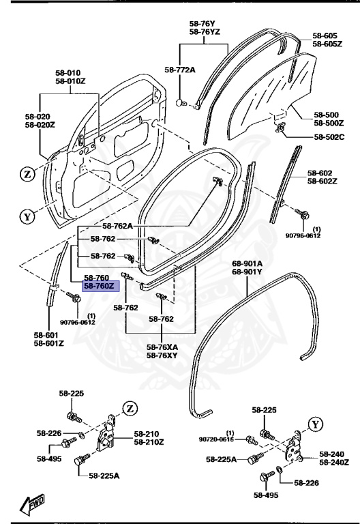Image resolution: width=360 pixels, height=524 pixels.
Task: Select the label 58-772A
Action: pyautogui.click(x=180, y=70)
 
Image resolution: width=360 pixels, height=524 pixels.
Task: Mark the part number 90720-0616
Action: pyautogui.click(x=217, y=440)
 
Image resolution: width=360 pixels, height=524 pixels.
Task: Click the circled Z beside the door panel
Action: pyautogui.click(x=28, y=175)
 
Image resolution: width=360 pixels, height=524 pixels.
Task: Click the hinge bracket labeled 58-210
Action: pyautogui.click(x=108, y=433)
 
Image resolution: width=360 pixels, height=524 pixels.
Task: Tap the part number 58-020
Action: pyautogui.click(x=40, y=117)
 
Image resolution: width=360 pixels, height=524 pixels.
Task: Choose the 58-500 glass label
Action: pyautogui.click(x=328, y=115)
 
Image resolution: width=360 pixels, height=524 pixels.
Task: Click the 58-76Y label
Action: pyautogui.click(x=204, y=23)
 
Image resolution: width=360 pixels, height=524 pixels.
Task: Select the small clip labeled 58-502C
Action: pyautogui.click(x=280, y=128)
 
